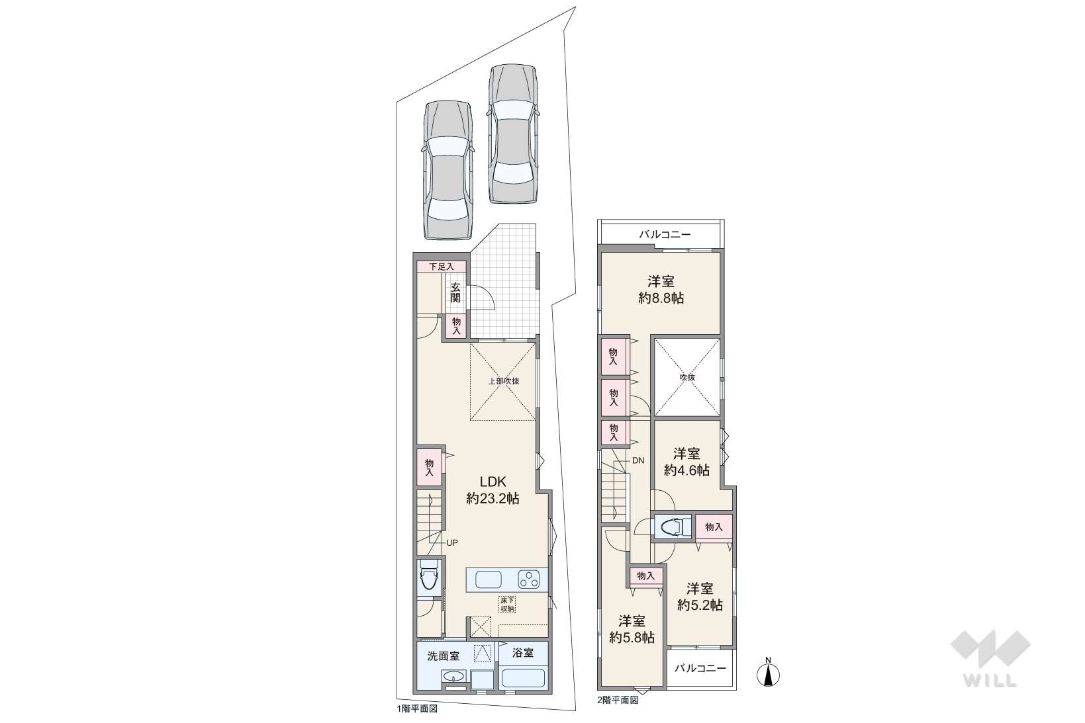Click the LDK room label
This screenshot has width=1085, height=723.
point(493,482)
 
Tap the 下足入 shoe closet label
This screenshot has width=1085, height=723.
point(442,267)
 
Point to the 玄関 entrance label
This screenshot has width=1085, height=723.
point(455,292)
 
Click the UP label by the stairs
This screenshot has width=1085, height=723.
point(451,542)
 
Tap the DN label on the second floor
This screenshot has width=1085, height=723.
point(638,460)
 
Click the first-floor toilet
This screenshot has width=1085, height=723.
point(429,576)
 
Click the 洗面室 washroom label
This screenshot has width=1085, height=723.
point(444,656)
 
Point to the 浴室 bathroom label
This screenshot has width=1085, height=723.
point(523,653)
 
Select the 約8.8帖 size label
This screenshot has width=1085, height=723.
point(661,298)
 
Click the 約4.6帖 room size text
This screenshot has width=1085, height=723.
point(686,470)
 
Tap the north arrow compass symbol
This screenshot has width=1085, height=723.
point(768,672)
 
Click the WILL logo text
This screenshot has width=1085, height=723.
point(990,681)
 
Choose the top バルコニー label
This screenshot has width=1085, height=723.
point(665,235)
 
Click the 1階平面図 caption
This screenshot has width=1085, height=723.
point(417,709)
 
